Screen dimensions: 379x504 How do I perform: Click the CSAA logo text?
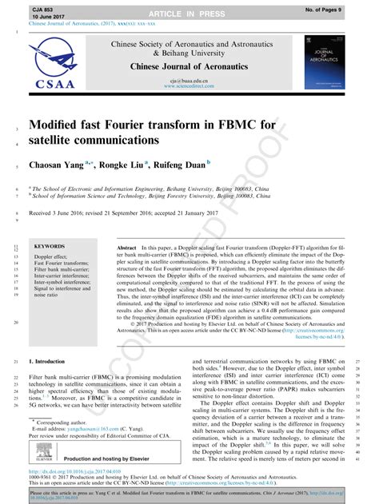pyautogui.click(x=54, y=83)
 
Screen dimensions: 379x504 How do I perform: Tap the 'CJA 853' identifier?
pyautogui.click(x=42, y=6)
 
